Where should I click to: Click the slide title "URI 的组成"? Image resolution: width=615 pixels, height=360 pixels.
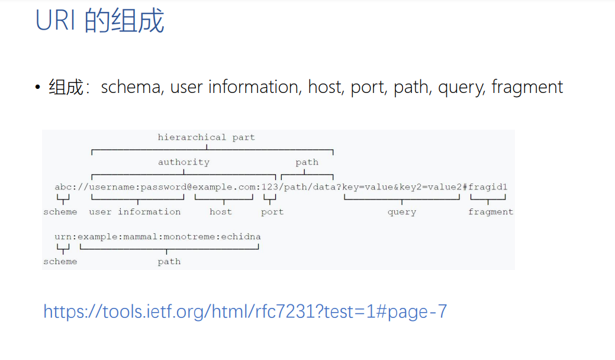(x=99, y=22)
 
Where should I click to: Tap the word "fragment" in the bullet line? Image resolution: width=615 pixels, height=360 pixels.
(x=527, y=88)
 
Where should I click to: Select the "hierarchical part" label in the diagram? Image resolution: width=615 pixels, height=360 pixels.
(x=206, y=137)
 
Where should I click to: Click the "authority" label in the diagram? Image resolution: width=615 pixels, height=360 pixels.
(x=183, y=162)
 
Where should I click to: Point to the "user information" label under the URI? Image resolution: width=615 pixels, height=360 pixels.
(x=135, y=212)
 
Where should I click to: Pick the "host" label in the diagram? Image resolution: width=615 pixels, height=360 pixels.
(x=221, y=212)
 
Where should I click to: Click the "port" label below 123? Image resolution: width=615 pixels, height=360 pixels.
(x=272, y=212)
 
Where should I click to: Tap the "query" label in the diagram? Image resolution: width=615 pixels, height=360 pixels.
(x=402, y=212)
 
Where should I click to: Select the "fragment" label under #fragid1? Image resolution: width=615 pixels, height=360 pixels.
(x=491, y=212)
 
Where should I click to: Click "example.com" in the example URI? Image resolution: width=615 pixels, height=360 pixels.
(x=224, y=187)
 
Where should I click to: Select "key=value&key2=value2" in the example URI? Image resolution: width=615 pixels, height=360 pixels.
(x=402, y=187)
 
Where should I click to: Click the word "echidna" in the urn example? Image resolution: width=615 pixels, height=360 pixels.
(x=241, y=237)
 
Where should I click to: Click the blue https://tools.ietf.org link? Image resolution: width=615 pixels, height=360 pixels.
(x=245, y=311)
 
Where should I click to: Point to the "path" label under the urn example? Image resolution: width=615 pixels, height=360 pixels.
(x=169, y=262)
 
